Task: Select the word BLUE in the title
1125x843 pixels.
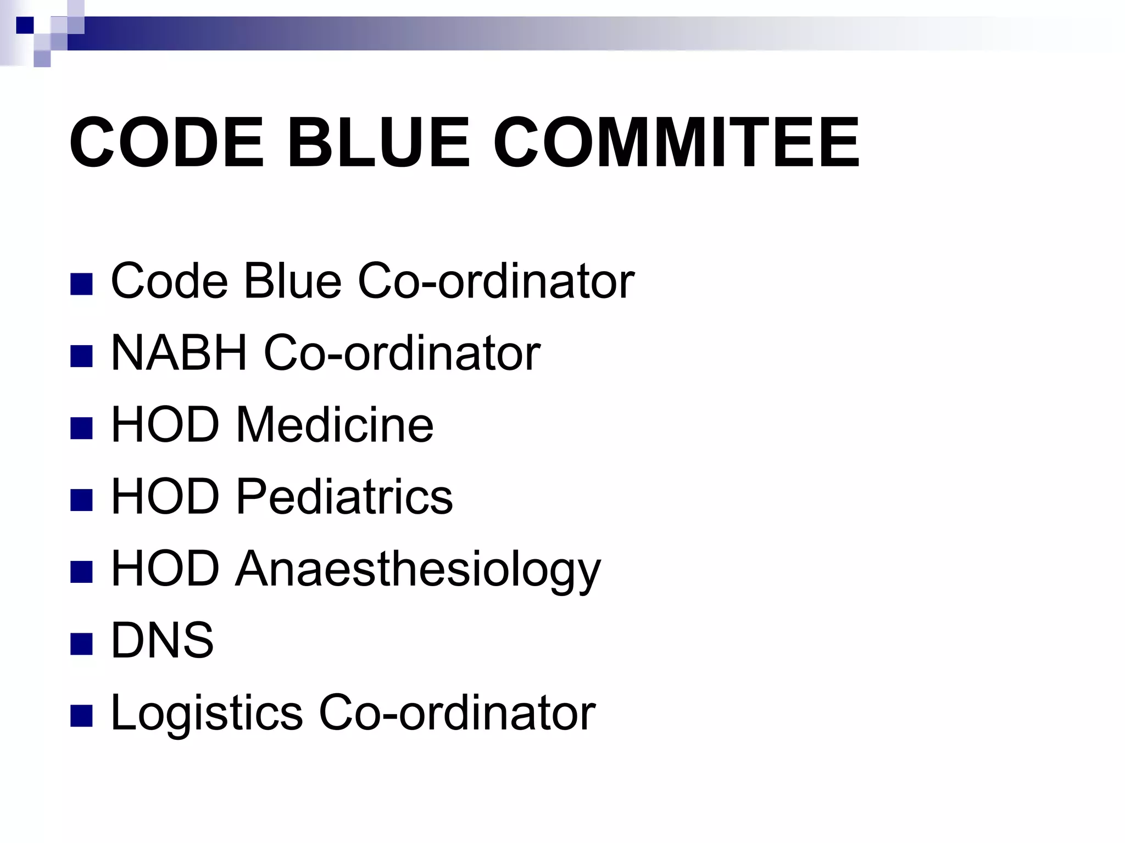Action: tap(378, 142)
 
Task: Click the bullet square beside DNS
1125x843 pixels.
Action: tap(81, 643)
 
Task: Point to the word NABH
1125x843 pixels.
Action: tap(179, 353)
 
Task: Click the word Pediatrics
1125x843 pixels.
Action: tap(344, 497)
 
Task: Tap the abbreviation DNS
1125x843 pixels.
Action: tap(162, 640)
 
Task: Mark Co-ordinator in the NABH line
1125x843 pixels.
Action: tap(402, 353)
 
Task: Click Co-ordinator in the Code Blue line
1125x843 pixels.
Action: tap(496, 281)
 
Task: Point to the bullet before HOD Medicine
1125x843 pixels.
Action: tap(81, 428)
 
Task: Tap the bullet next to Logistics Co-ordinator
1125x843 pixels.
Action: tap(81, 715)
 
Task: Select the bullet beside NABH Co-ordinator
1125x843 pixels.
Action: tap(81, 356)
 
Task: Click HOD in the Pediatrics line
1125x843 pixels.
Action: tap(165, 497)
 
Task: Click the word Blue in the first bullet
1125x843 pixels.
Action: tap(292, 281)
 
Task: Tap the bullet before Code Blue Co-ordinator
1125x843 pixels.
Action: tap(81, 284)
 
